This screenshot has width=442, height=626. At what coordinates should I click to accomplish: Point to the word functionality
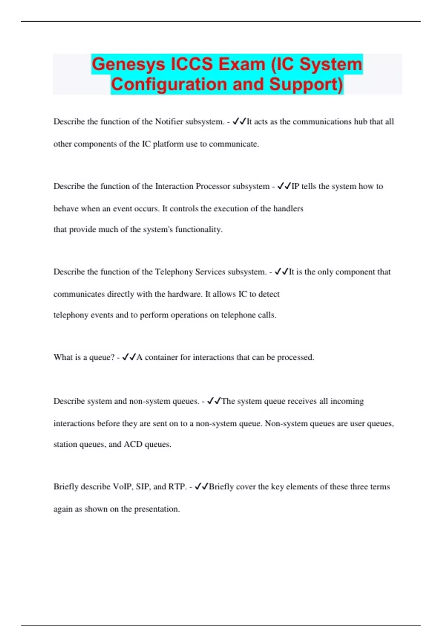coord(199,230)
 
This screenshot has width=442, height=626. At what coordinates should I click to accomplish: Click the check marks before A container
coord(129,357)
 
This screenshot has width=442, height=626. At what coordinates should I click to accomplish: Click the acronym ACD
coord(133,444)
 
